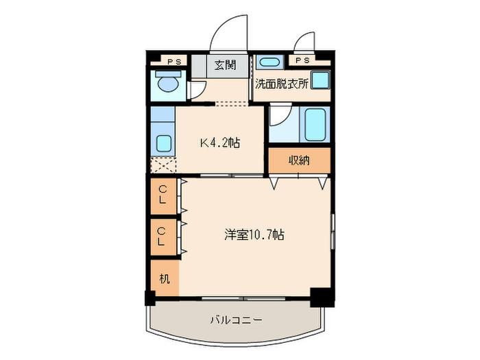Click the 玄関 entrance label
[225, 66]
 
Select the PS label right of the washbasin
[302, 61]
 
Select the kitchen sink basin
[165, 143]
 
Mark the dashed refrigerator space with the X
[163, 165]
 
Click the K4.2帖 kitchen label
[219, 143]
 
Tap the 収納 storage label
[299, 160]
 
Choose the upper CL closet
[163, 195]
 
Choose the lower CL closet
[163, 236]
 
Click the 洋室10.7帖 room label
[254, 235]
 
